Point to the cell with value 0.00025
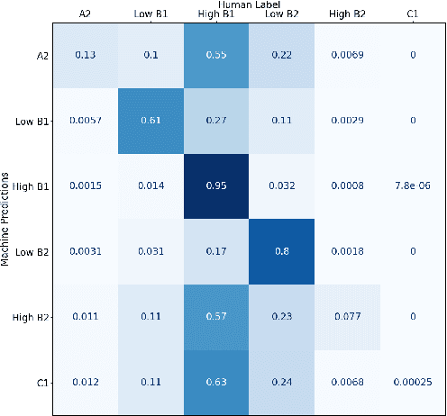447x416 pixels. [x=413, y=384]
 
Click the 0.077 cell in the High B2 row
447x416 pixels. [x=348, y=318]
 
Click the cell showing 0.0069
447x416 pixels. [x=348, y=55]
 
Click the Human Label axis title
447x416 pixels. [x=249, y=5]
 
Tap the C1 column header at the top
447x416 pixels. [x=413, y=14]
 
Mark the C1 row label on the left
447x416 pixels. [x=40, y=384]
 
